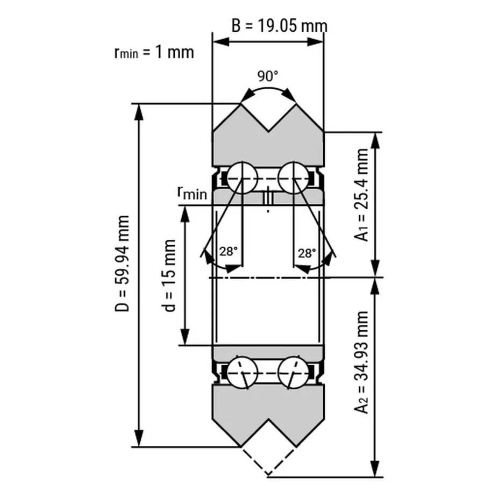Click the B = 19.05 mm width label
tap(279, 26)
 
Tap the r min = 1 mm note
tap(154, 52)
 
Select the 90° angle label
tap(268, 76)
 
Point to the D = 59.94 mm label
tap(122, 264)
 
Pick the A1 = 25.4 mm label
tap(361, 195)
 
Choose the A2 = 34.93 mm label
tap(361, 362)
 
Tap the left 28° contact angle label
tap(229, 252)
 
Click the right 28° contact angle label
tap(307, 253)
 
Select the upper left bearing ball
tap(242, 178)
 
